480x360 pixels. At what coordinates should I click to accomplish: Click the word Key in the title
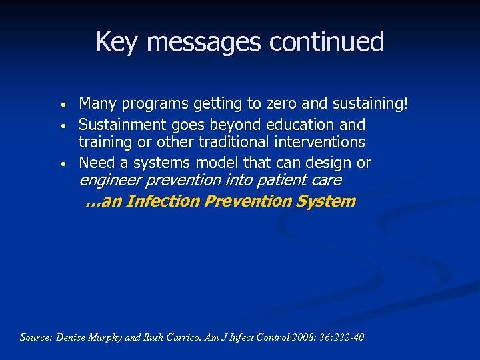pyautogui.click(x=111, y=42)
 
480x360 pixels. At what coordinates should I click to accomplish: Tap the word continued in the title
pyautogui.click(x=327, y=42)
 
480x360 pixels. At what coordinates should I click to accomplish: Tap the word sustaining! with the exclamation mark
pyautogui.click(x=372, y=104)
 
